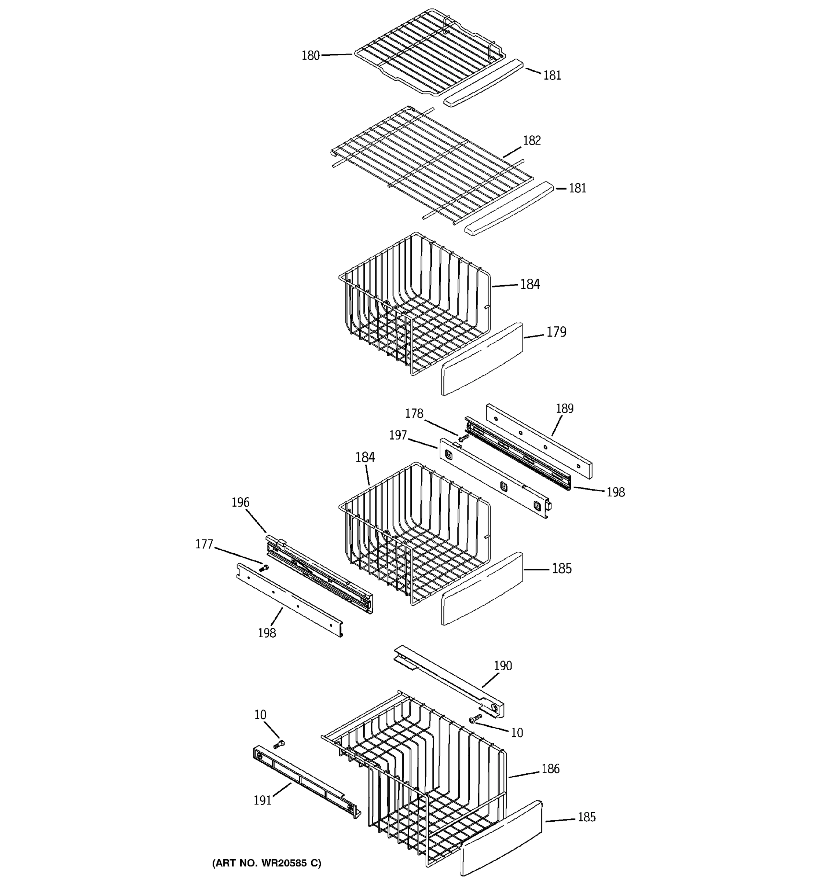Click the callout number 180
point(310,56)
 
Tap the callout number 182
point(532,140)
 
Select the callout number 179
point(556,331)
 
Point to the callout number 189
point(564,408)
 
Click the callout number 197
point(397,435)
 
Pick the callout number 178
point(414,414)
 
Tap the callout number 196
point(240,502)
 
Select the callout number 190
point(502,666)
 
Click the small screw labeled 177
point(264,568)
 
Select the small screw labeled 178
point(463,438)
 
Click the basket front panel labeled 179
point(483,359)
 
